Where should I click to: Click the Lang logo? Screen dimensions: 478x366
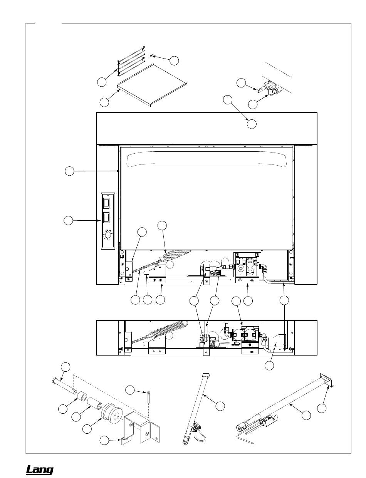[x=39, y=470]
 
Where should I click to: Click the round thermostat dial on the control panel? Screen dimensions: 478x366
[x=108, y=235]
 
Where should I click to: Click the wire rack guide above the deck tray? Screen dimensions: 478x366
[x=131, y=61]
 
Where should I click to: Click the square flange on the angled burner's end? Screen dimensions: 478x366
[x=326, y=379]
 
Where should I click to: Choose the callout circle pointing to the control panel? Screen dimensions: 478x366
[x=69, y=220]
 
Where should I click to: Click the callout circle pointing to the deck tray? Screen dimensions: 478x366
[x=104, y=102]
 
